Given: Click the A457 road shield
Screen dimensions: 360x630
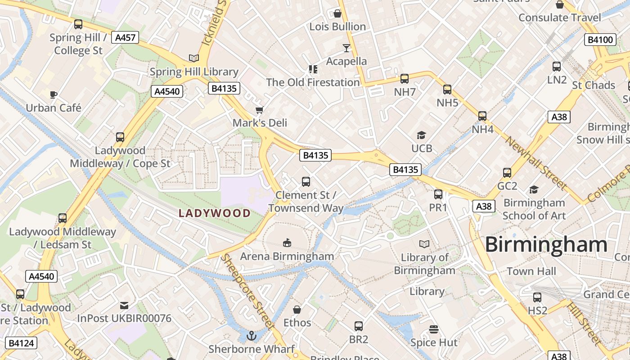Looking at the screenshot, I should click(126, 37).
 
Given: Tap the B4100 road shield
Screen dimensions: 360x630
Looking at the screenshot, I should click(601, 40).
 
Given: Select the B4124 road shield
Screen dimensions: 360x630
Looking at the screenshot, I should click(22, 343).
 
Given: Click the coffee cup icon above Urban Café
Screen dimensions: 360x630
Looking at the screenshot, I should click(54, 94).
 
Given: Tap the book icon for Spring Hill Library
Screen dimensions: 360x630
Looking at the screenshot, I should click(194, 58).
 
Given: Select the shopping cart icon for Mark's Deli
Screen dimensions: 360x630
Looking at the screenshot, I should click(259, 110).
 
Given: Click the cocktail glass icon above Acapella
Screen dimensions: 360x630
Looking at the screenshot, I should click(346, 48).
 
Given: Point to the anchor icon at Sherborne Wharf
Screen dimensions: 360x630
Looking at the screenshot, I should click(252, 335).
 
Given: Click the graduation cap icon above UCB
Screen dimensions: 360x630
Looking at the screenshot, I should click(421, 135).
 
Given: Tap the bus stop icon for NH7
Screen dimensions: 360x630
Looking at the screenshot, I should click(404, 79).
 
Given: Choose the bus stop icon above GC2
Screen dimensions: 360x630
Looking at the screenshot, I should click(507, 173).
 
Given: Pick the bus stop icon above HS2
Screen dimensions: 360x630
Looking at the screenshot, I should click(537, 297).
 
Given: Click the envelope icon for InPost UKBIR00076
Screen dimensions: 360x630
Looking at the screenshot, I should click(124, 306).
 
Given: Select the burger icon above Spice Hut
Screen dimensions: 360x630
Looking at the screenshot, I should click(434, 329).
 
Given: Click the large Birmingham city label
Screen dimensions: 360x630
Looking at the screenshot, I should click(546, 245).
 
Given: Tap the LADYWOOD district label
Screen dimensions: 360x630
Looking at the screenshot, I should click(215, 213).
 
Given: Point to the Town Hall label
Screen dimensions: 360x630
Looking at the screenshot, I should click(531, 271).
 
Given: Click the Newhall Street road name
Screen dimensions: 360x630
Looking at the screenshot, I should click(535, 163).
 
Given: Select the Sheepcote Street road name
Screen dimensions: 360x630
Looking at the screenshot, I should click(248, 292).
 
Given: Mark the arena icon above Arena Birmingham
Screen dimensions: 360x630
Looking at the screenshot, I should click(287, 243).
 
